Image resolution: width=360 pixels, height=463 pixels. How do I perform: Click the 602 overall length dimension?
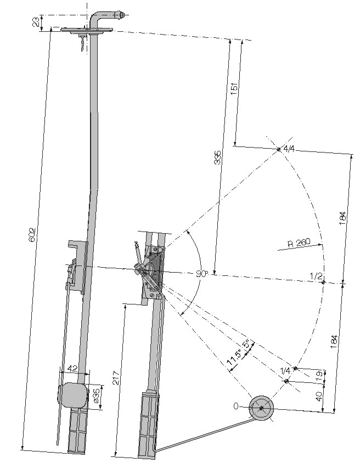click(x=33, y=234)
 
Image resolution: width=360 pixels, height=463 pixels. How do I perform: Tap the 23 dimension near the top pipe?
click(x=36, y=22)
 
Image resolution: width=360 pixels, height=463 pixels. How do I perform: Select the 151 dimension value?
click(x=234, y=89)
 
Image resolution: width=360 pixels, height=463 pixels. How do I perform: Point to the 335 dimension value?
click(x=217, y=157)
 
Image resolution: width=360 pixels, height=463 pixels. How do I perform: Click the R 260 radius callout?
click(x=299, y=243)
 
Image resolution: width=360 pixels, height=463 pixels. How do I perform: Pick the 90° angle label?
click(x=202, y=274)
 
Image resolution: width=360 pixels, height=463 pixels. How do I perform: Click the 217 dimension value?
click(x=116, y=377)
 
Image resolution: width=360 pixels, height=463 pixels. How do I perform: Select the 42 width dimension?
click(x=72, y=368)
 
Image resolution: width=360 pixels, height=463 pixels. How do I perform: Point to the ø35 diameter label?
click(x=95, y=396)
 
